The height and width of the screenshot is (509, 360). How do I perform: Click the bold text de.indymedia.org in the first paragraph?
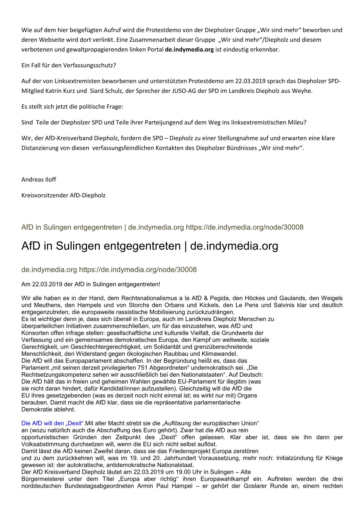189,49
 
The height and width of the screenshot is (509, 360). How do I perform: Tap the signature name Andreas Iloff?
39,179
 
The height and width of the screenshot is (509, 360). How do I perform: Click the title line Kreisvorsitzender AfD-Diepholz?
63,195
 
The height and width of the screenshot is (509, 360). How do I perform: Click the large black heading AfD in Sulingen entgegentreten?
101,246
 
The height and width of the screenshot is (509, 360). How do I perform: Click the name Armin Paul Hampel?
165,486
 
